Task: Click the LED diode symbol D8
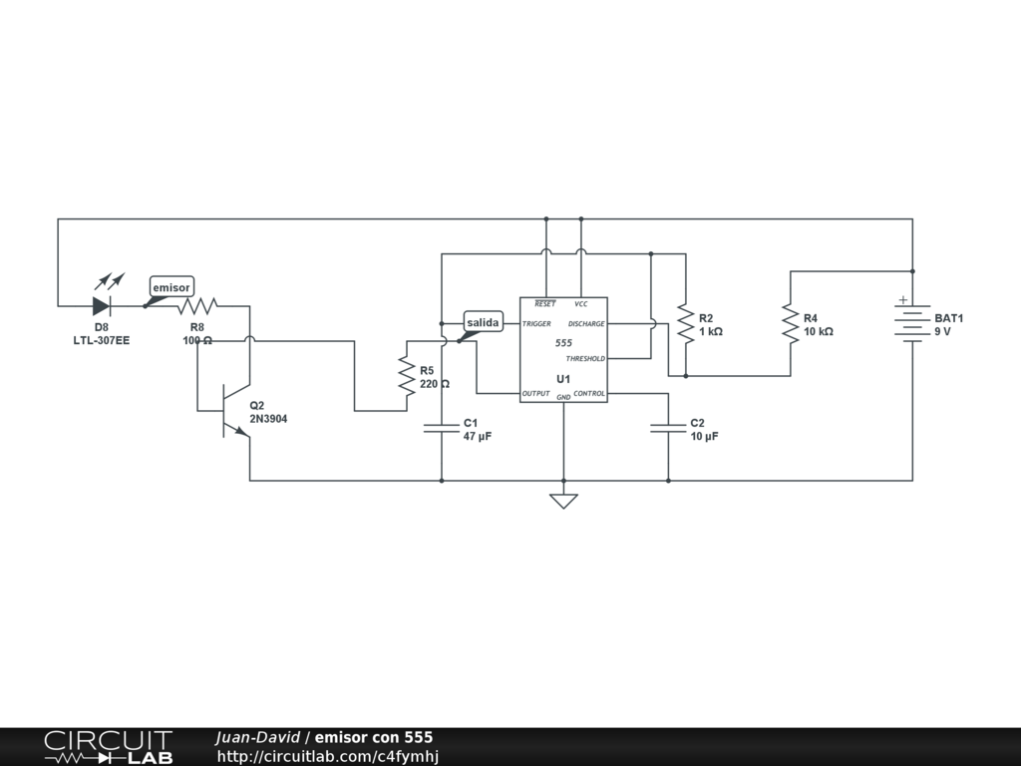point(102,305)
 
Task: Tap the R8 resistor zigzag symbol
point(197,305)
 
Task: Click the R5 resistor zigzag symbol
point(406,375)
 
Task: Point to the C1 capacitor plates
point(442,428)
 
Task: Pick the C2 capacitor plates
point(668,428)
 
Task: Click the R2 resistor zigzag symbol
point(686,323)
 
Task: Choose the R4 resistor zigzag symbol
point(791,323)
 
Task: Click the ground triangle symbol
point(563,500)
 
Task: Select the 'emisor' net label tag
point(170,287)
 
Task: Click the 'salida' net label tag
point(484,322)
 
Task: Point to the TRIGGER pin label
point(536,324)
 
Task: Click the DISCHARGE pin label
point(586,324)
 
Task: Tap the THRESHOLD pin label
point(585,358)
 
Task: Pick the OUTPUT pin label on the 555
point(535,394)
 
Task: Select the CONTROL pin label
point(589,394)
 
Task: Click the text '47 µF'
point(478,437)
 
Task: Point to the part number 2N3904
point(268,419)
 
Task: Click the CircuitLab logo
point(108,747)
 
